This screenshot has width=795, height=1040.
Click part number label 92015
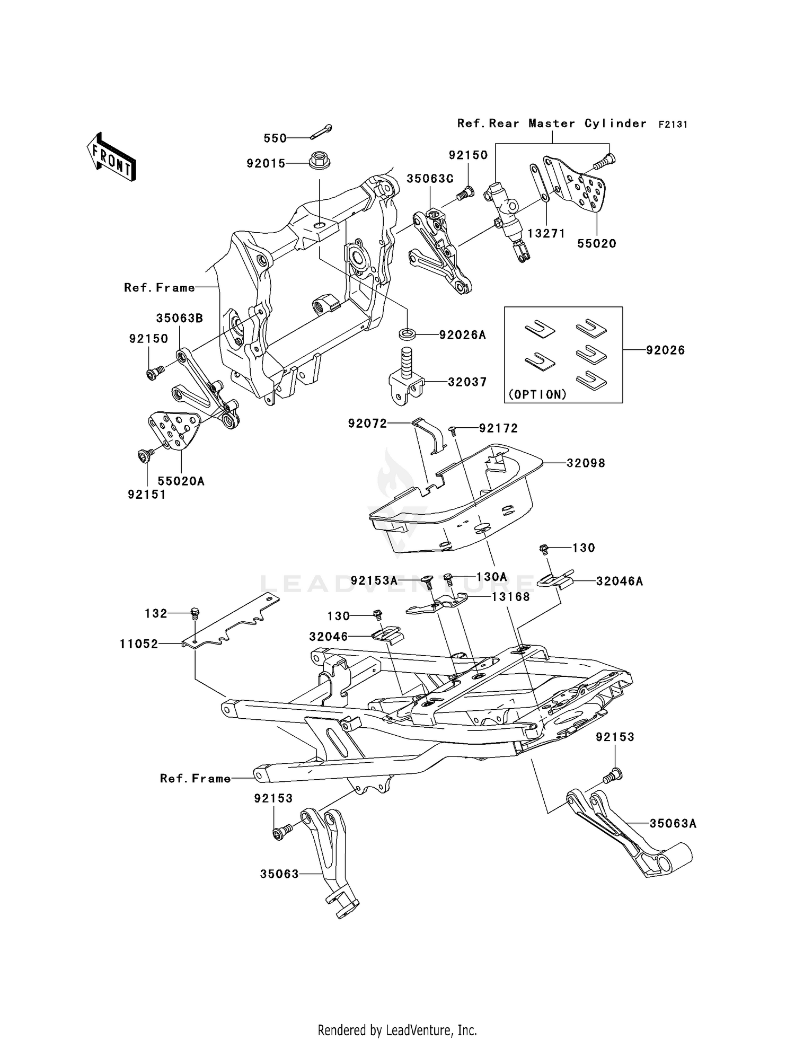[x=266, y=164]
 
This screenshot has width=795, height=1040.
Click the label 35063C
[x=430, y=179]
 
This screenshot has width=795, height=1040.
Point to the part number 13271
[x=546, y=234]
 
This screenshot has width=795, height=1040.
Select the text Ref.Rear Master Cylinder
[x=552, y=124]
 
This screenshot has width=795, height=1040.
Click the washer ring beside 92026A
[x=407, y=334]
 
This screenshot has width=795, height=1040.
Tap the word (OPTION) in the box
[x=537, y=394]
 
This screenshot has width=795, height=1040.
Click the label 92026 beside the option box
[x=665, y=350]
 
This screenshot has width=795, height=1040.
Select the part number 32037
[x=467, y=382]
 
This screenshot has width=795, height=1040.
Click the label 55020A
[x=181, y=481]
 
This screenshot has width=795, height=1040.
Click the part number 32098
[x=586, y=463]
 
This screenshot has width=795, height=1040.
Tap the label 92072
[x=367, y=424]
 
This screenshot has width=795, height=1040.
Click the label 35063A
[x=673, y=824]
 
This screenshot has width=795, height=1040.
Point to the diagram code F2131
[x=673, y=125]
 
